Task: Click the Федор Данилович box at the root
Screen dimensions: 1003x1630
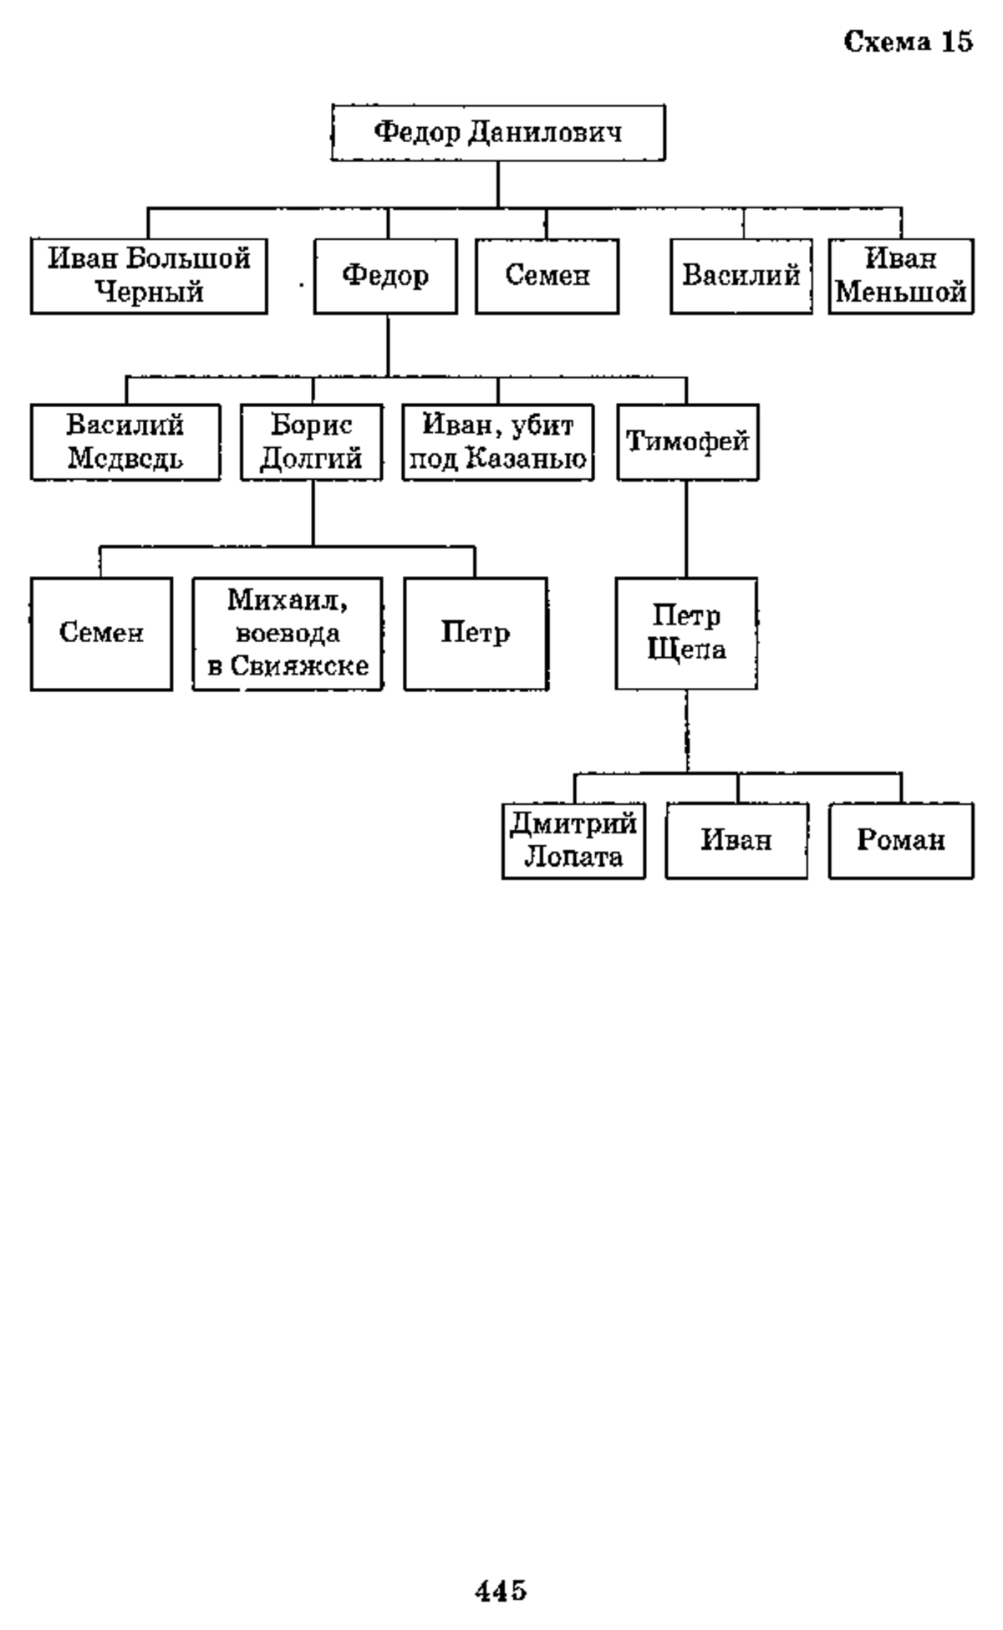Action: tap(498, 132)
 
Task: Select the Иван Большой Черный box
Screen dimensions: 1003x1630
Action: tap(149, 276)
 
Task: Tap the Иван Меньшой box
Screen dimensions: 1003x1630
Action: tap(901, 276)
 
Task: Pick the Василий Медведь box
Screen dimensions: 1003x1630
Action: tap(125, 442)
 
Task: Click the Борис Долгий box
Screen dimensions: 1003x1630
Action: tap(312, 442)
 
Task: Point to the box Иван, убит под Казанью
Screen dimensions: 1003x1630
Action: tap(498, 442)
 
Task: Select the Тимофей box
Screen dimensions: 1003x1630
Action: tap(688, 442)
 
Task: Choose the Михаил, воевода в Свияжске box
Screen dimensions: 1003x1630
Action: tap(288, 634)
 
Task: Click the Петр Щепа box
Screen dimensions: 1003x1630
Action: tap(686, 634)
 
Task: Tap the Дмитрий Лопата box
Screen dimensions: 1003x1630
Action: tap(573, 841)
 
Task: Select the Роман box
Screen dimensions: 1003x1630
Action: tap(901, 841)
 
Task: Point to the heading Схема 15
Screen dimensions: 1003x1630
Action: tap(909, 42)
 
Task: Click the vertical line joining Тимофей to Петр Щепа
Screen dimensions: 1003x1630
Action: tap(687, 528)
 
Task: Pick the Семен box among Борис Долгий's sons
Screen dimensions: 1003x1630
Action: tap(101, 634)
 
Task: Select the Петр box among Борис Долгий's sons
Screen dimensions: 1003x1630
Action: tap(476, 634)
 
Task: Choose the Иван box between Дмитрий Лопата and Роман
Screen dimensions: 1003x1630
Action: tap(736, 841)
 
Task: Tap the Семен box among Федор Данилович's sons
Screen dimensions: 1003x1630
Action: tap(547, 276)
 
